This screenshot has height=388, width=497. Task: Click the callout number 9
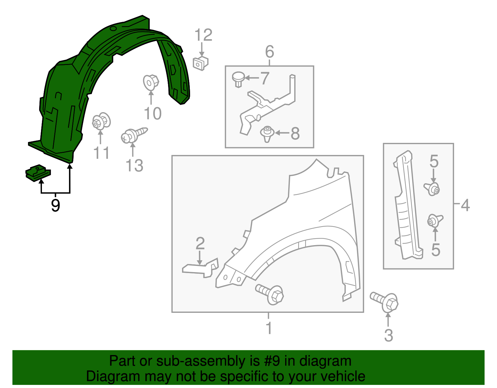[x=55, y=205]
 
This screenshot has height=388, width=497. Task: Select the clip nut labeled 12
[x=201, y=63]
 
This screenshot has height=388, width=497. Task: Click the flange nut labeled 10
[x=151, y=82]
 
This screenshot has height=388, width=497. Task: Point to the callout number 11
[x=101, y=153]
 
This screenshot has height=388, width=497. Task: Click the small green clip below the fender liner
[x=38, y=173]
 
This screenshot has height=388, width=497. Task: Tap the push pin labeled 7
[x=238, y=79]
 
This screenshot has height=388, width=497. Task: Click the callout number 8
[x=295, y=134]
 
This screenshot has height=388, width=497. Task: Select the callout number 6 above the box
[x=269, y=52]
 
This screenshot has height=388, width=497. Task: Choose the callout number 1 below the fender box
[x=269, y=328]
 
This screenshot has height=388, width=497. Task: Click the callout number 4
[x=465, y=205]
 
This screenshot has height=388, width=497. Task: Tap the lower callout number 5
[x=435, y=250]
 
